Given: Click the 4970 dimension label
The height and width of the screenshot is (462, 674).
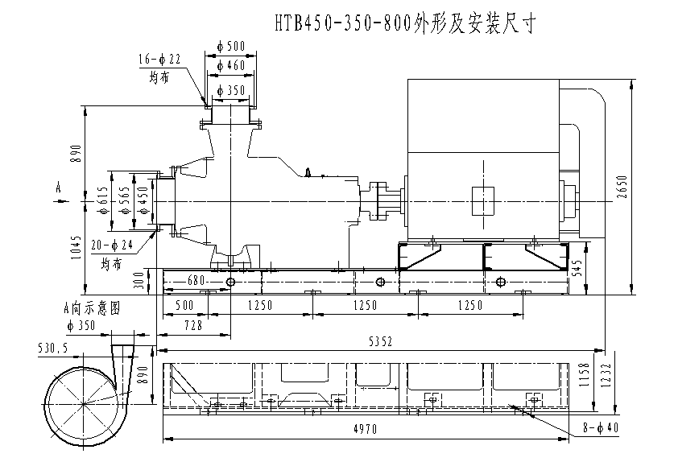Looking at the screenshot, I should [x=365, y=430].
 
